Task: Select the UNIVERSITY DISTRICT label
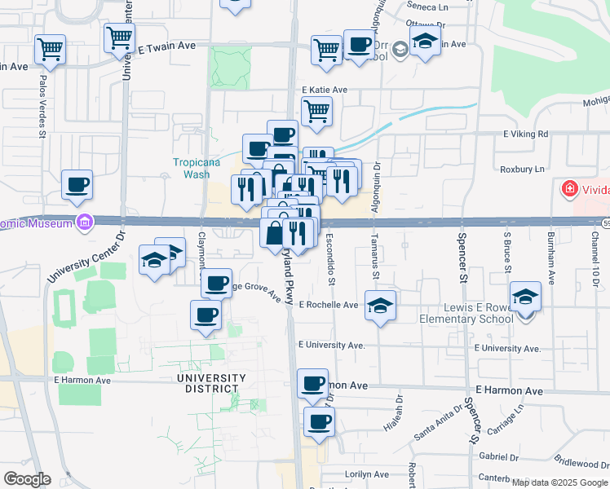pos(211,383)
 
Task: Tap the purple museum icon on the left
pos(82,222)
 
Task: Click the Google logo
pos(26,478)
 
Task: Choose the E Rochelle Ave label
pos(329,305)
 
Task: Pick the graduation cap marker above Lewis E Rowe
pos(526,297)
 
